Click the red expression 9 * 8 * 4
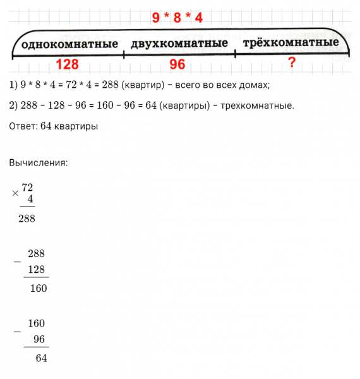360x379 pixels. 177,18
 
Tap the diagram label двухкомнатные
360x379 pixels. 179,44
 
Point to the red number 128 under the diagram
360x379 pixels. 68,64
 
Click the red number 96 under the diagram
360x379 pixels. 177,64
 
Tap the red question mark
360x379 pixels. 291,63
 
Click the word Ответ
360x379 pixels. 23,126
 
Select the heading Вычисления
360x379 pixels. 38,162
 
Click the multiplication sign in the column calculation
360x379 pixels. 15,194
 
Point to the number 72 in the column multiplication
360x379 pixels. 27,188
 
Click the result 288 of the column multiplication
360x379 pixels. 27,219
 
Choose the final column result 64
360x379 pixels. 42,358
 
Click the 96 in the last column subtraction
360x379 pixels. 39,339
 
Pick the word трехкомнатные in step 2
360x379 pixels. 258,105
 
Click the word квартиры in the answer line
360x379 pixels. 75,126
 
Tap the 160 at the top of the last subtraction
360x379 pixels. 37,323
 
